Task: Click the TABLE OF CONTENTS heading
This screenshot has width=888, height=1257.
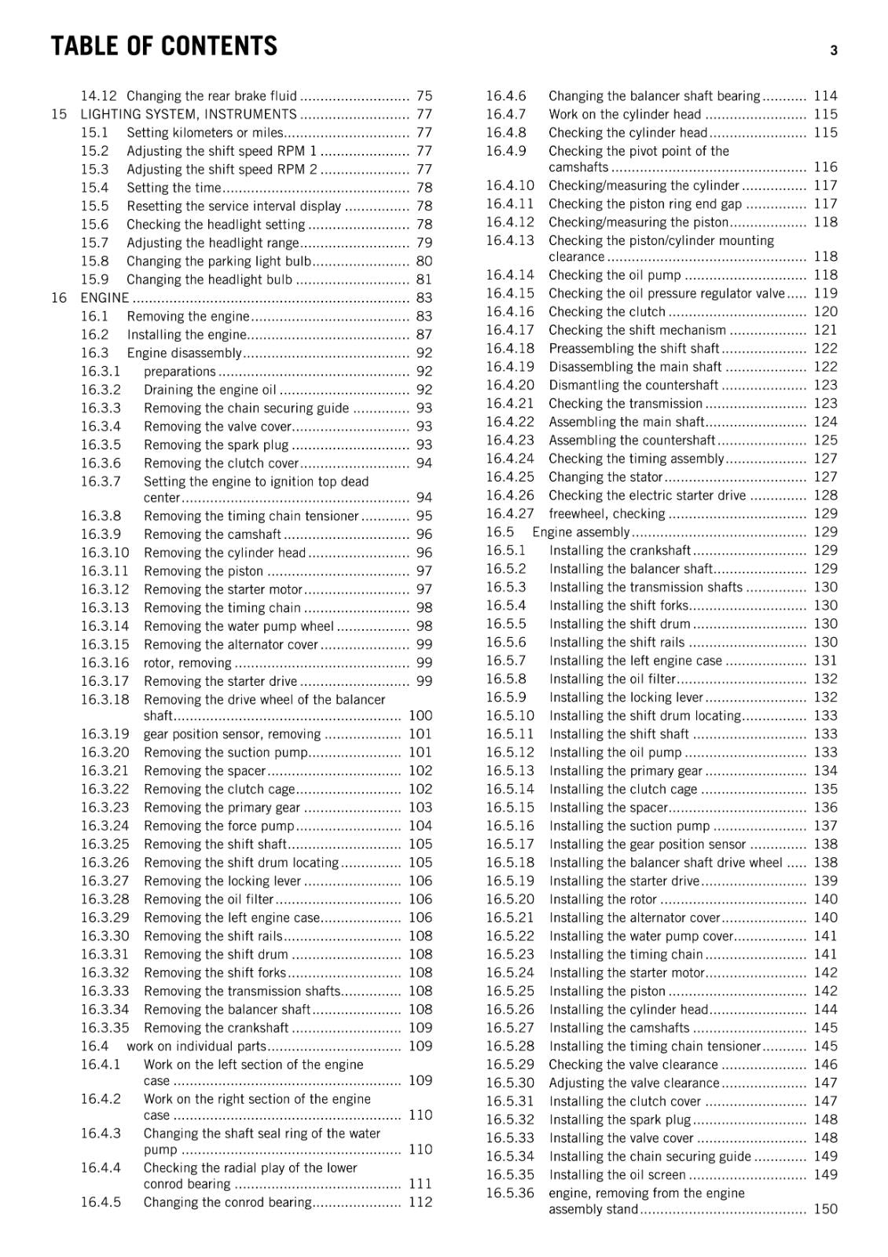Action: coord(163,46)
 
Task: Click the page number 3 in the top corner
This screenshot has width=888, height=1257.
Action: coord(834,50)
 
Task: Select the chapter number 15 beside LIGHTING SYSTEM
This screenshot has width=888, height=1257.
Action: coord(59,115)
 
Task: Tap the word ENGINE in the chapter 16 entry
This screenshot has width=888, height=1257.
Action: coord(105,298)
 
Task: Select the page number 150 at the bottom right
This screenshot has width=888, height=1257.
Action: coord(825,1209)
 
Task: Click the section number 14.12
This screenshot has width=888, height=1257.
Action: coord(98,96)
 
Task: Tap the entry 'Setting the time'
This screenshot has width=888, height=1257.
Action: coord(174,188)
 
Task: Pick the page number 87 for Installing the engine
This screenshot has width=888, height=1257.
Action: coord(424,335)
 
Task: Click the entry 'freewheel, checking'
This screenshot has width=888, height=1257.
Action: coord(607,514)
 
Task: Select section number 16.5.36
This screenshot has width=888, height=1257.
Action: coord(509,1193)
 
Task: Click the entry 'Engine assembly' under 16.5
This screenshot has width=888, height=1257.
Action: coord(581,532)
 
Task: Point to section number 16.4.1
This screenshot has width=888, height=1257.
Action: coord(100,1065)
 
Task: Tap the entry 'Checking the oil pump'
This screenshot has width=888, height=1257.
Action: coord(615,275)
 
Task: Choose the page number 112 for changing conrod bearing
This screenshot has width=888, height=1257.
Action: coord(420,1202)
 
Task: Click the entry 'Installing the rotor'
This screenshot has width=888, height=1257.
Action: coord(603,900)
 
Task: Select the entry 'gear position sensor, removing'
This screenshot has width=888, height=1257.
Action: coord(232,735)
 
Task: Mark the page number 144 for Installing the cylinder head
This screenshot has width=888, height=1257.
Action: coord(825,1010)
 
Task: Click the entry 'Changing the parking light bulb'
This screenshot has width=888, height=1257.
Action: coord(218,262)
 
